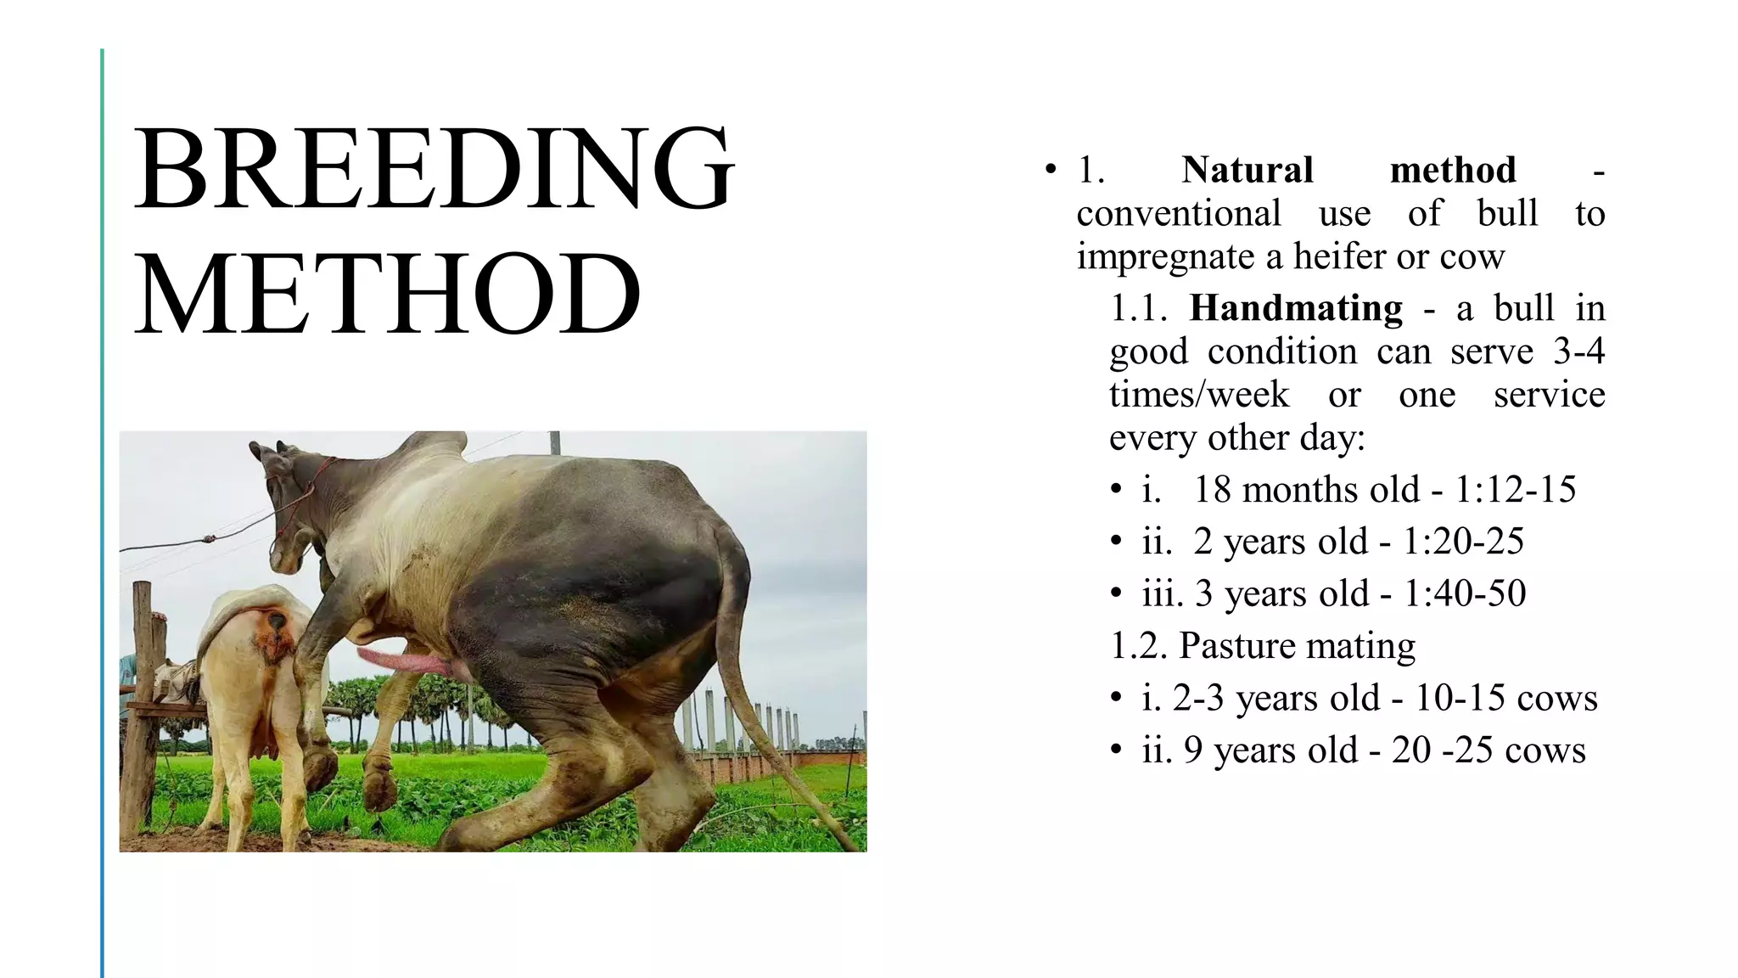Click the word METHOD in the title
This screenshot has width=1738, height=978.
[388, 295]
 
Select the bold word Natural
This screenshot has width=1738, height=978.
[1247, 170]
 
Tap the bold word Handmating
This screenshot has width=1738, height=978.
[1295, 308]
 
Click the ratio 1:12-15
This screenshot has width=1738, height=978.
[1515, 490]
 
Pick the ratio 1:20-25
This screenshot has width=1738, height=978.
[1463, 542]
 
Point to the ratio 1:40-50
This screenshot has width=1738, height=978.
[1465, 593]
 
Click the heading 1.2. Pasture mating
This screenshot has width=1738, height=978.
[1263, 646]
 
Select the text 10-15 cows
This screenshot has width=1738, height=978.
[1505, 699]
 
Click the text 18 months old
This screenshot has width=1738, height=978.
[1305, 490]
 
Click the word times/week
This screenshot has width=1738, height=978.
[1198, 395]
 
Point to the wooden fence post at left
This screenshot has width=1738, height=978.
[140, 713]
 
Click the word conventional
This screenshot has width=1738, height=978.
[1179, 214]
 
